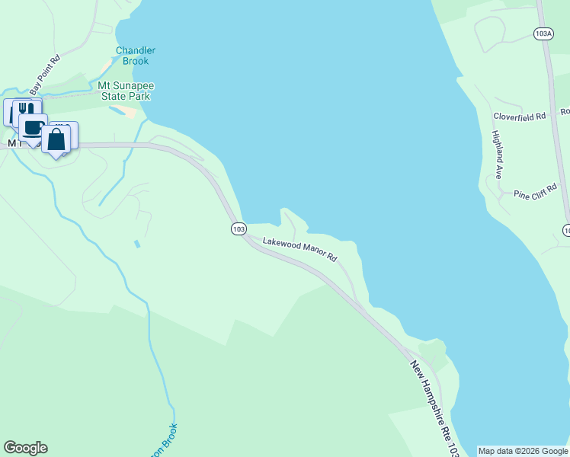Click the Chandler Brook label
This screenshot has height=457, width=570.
click(x=136, y=56)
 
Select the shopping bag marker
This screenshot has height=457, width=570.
click(x=56, y=140)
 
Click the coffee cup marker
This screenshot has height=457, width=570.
click(x=34, y=127)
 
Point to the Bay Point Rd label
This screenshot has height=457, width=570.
click(x=44, y=70)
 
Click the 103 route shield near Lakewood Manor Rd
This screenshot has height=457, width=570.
click(x=239, y=228)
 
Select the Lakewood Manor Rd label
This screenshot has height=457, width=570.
click(x=299, y=250)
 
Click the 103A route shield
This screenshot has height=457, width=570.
click(x=543, y=34)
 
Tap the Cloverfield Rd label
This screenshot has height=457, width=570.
click(x=520, y=117)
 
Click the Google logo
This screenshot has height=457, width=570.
click(x=25, y=448)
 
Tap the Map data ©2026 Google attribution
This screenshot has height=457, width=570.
click(x=523, y=451)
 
